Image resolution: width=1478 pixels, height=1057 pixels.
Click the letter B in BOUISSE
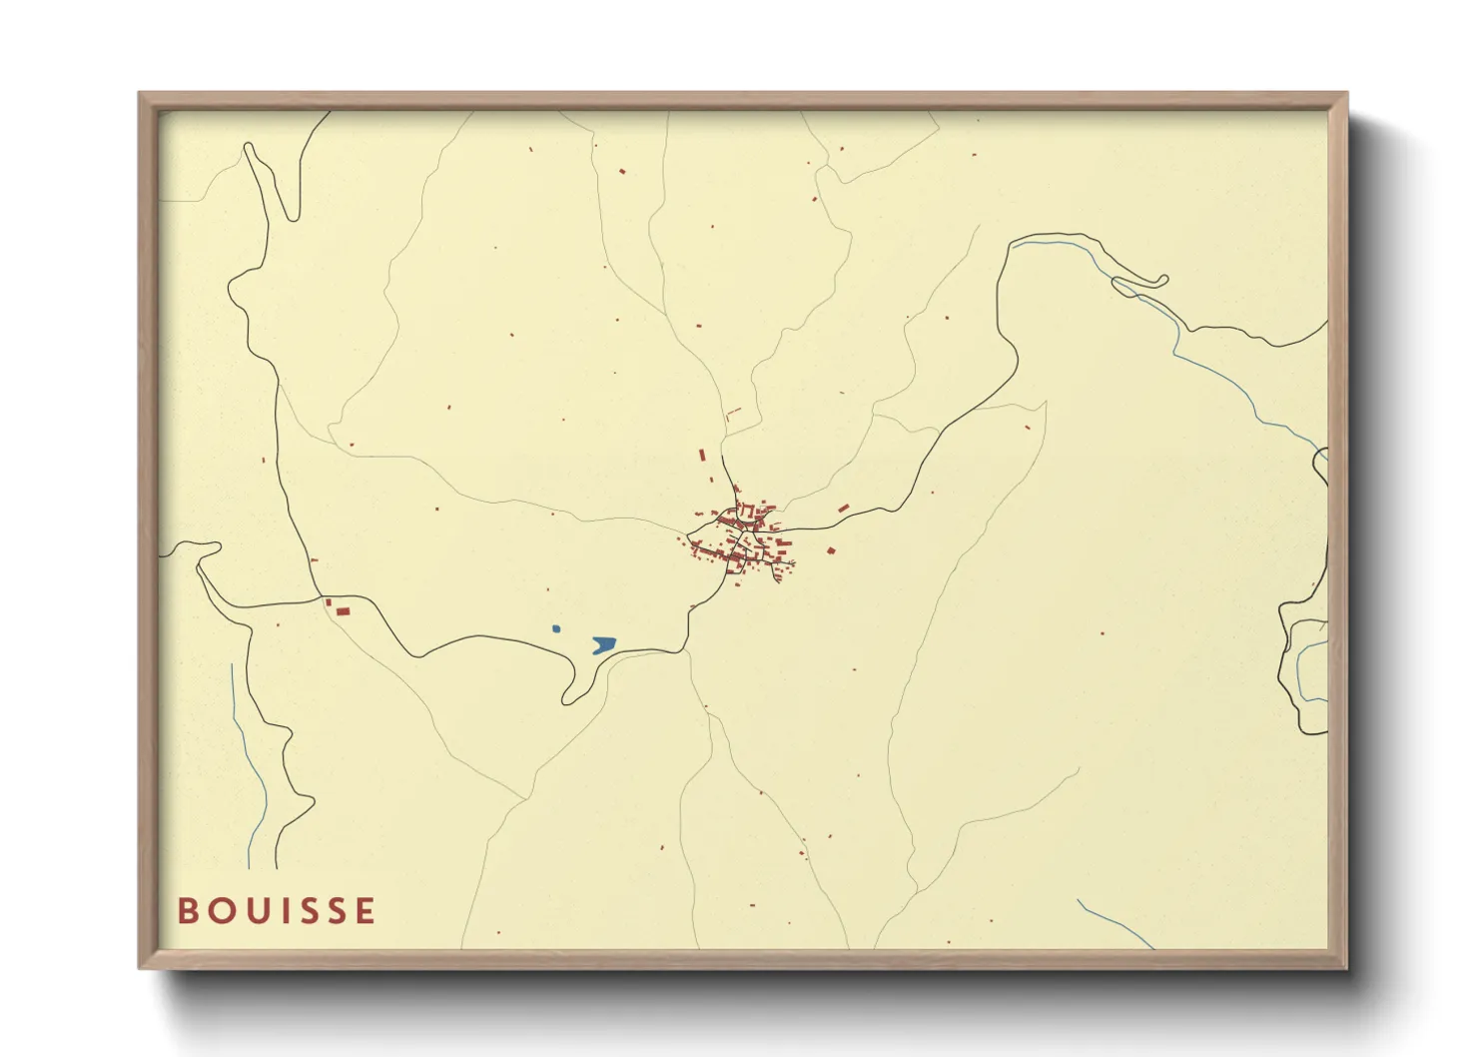[188, 911]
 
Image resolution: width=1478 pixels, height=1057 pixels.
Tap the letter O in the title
[219, 911]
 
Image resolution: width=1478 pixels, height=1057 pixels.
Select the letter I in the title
[281, 911]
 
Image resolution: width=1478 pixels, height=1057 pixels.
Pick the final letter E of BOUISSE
[366, 911]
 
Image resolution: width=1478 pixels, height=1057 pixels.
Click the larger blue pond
[603, 644]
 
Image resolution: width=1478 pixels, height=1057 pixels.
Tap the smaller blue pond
[556, 628]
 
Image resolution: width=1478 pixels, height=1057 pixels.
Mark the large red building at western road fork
[343, 610]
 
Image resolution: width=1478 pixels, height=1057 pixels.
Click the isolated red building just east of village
[830, 549]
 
